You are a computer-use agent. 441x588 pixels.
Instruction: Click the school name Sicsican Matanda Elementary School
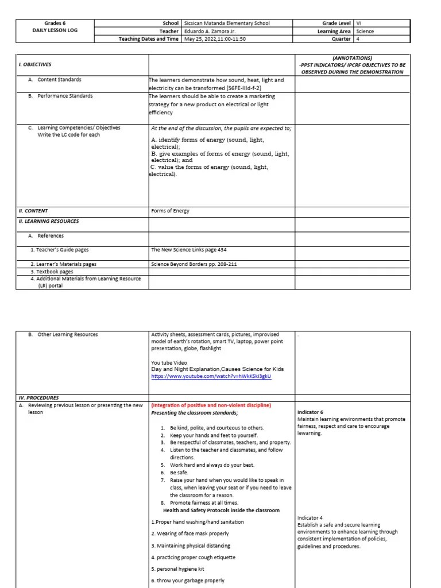tap(227, 24)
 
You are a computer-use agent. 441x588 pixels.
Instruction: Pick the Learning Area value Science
tap(365, 32)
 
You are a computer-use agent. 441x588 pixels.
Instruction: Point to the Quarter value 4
tap(358, 39)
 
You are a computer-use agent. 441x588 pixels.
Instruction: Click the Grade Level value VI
tap(359, 24)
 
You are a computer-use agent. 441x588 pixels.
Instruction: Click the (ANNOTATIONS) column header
tap(351, 58)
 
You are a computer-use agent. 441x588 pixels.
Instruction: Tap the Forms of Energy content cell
tap(170, 211)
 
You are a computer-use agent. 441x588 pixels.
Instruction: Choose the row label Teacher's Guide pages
tap(60, 250)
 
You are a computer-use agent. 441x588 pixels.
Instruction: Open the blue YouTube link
tap(211, 377)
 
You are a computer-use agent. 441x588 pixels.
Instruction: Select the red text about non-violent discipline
tap(211, 405)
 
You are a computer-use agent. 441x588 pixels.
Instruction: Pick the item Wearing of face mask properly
tap(189, 533)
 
